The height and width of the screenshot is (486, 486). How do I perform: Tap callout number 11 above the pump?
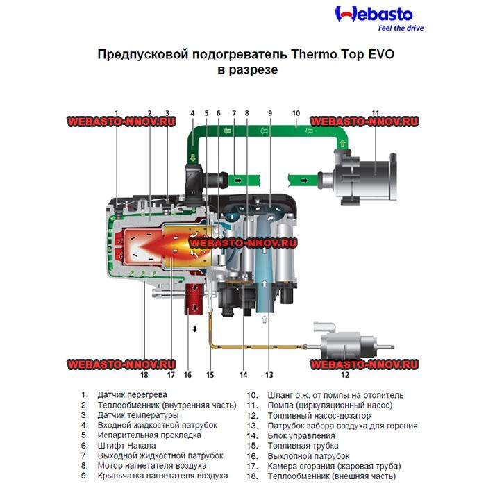[x=375, y=112]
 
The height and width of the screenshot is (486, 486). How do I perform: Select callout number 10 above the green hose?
[x=295, y=112]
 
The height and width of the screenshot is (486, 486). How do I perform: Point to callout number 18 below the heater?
[x=144, y=375]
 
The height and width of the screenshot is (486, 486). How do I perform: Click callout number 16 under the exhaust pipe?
[x=187, y=375]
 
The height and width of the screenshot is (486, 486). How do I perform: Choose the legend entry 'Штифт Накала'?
[x=126, y=445]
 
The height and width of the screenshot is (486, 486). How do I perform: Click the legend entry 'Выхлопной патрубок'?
[x=299, y=455]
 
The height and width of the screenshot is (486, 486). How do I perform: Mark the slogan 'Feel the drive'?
[x=401, y=28]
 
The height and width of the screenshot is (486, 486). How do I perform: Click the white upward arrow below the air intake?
[x=264, y=319]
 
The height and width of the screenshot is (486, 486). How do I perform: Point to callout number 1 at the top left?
[x=117, y=113]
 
